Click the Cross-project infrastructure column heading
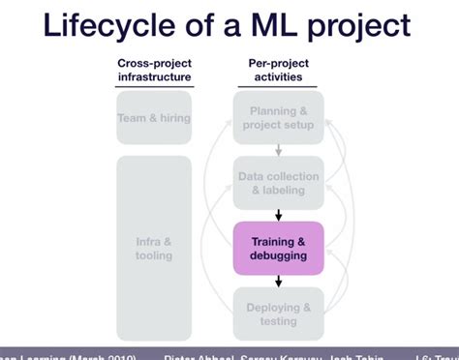tap(154, 71)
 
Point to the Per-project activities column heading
tap(278, 71)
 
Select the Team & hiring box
tap(154, 118)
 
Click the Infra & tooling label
tap(154, 249)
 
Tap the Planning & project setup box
tap(278, 118)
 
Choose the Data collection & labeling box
tap(278, 183)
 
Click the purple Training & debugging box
tap(278, 249)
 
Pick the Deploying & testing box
tap(278, 314)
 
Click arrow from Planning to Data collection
tap(278, 150)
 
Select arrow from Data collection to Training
tap(278, 215)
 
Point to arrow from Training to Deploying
tap(278, 281)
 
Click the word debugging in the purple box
tap(279, 256)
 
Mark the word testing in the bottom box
tap(279, 321)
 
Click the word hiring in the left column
tap(171, 118)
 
